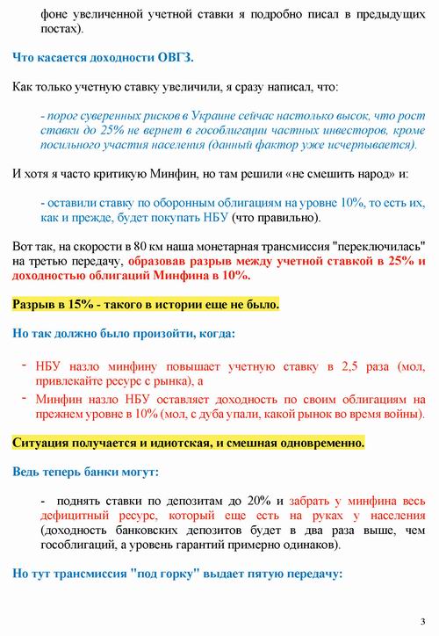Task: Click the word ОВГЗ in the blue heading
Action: [x=174, y=59]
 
